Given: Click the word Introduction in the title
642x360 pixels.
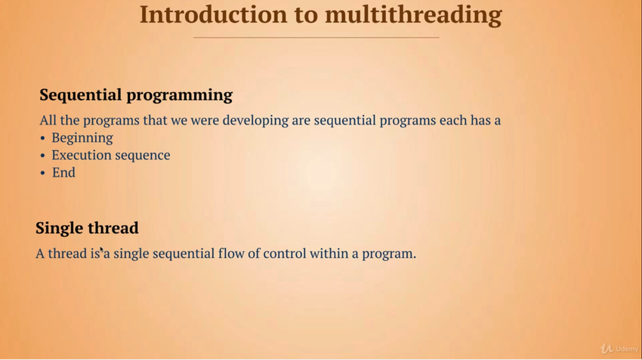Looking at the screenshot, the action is tap(214, 14).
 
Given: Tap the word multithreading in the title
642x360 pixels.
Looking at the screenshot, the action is tap(413, 16).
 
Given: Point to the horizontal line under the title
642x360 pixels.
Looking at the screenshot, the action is tap(316, 38).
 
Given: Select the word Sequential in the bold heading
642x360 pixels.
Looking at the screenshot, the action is tap(81, 95).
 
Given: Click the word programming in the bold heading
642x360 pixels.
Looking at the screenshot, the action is tap(179, 95).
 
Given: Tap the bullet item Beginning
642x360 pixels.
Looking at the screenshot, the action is tap(82, 138).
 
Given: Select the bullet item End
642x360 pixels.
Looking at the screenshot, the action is tap(63, 173).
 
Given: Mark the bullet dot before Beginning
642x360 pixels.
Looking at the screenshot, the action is tap(42, 139).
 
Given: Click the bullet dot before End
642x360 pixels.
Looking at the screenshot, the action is tap(42, 174).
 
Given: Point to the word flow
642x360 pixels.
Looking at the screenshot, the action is tap(231, 254).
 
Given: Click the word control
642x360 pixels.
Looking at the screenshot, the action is tap(285, 254).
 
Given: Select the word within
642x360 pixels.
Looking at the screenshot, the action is tap(329, 254).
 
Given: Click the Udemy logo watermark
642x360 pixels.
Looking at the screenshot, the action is tap(619, 349).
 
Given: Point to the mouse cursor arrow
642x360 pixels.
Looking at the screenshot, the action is tap(102, 250).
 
